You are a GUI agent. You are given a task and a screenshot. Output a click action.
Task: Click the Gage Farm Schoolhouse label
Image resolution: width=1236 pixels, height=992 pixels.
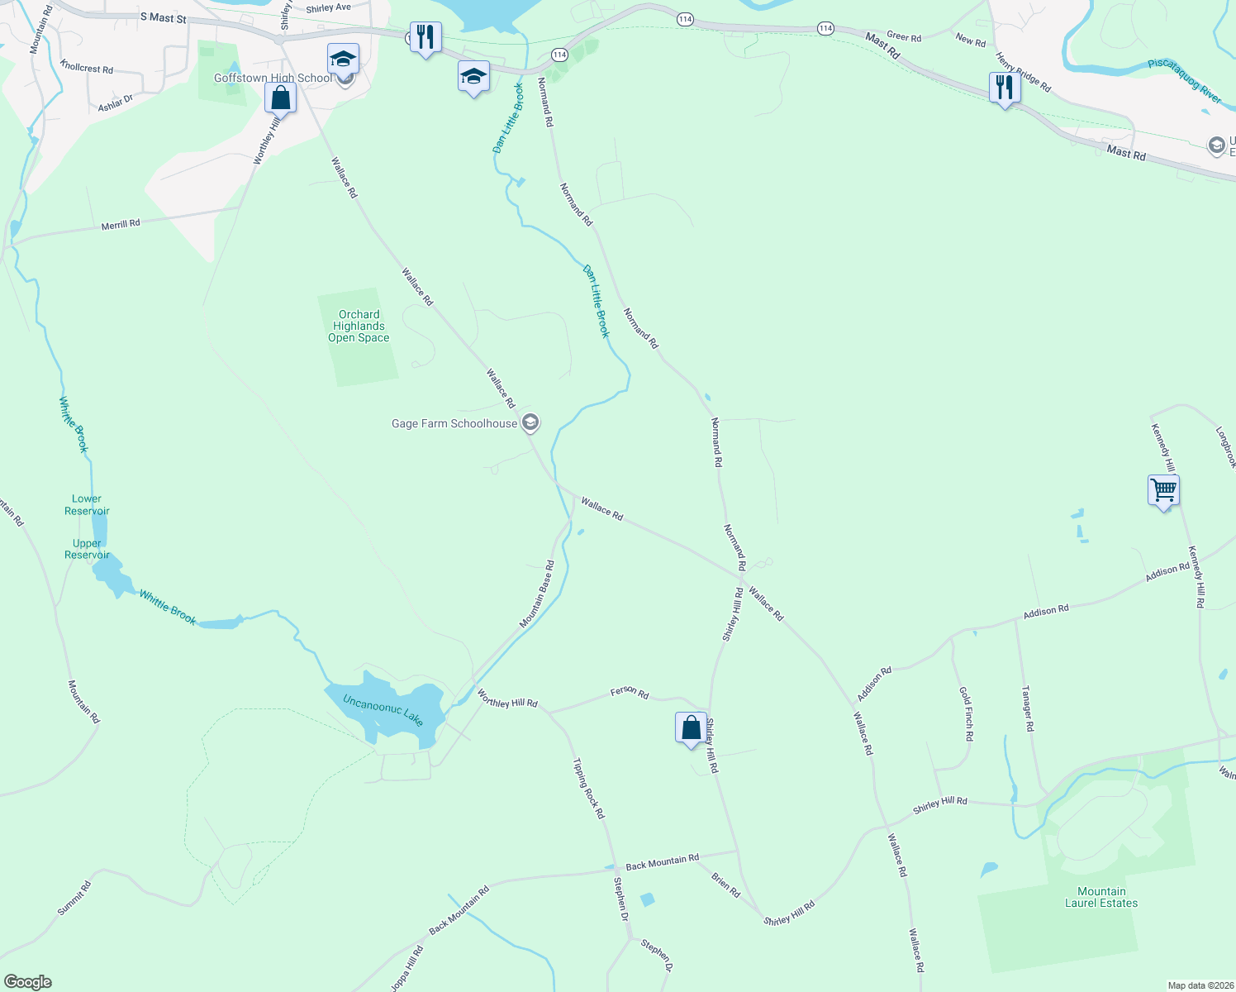[x=454, y=424]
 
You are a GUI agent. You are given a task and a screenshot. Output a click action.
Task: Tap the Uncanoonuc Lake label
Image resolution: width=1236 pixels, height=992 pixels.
[x=383, y=710]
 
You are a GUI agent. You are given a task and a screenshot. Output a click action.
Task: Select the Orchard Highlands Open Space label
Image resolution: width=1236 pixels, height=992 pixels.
[x=359, y=327]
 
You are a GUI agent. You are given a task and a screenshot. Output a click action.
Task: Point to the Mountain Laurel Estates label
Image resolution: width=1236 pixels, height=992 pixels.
[x=1101, y=897]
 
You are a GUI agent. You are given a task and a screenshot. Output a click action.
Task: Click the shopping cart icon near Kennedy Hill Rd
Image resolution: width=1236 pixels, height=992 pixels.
[x=1163, y=490]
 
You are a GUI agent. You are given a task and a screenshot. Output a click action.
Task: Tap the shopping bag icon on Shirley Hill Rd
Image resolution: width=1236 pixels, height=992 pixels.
[x=692, y=728]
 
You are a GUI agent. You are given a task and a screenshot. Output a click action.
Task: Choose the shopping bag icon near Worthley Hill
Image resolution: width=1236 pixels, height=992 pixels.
[x=281, y=98]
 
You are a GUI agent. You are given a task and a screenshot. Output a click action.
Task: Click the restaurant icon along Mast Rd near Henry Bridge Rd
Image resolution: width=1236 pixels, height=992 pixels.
[x=1005, y=87]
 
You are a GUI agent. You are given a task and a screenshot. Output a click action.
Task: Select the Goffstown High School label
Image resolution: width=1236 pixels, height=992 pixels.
[x=273, y=79]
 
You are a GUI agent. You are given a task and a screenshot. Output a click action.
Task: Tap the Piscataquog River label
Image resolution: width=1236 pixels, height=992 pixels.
[x=1184, y=81]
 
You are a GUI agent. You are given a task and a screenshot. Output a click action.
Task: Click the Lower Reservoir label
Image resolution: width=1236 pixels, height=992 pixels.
[x=87, y=505]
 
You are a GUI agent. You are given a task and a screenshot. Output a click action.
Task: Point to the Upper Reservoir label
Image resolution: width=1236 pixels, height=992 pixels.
[x=87, y=550]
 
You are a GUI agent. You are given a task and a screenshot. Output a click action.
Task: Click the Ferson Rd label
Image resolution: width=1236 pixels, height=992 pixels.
[x=630, y=692]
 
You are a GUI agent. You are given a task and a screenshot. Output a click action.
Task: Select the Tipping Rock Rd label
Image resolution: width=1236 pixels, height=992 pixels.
[x=589, y=789]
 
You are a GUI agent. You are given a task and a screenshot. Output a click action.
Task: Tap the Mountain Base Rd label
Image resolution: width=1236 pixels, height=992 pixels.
[x=537, y=594]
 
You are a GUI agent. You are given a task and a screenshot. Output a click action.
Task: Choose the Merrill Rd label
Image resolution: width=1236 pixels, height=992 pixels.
[x=121, y=225]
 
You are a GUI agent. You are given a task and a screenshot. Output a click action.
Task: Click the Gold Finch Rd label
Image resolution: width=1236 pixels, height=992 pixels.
[x=966, y=713]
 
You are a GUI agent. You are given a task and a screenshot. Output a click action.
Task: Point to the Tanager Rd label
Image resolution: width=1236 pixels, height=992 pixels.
[x=1028, y=708]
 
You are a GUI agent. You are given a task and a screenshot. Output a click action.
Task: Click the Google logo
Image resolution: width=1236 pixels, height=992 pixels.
[x=28, y=982]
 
